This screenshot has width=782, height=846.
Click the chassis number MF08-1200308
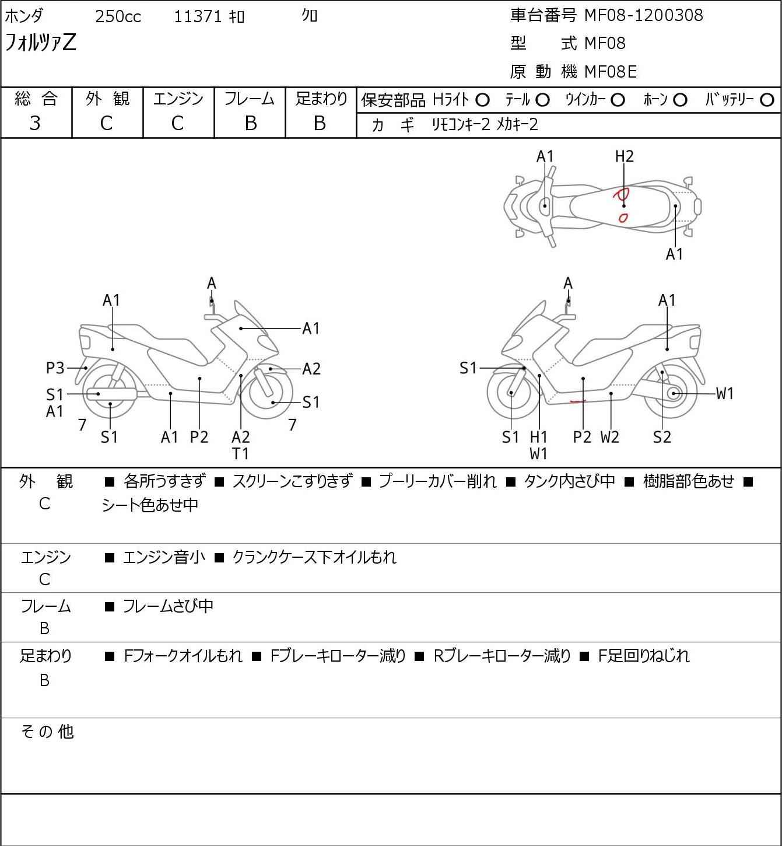643,15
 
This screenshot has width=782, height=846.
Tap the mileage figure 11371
198,17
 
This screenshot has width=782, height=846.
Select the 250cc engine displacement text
118,17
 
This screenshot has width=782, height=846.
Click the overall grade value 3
35,123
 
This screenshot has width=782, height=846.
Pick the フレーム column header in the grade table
249,99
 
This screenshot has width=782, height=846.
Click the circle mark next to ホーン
680,100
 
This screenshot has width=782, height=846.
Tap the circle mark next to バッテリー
767,100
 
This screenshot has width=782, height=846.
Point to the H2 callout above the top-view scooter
624,156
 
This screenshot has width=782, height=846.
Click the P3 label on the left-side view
55,368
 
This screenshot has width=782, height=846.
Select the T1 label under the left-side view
240,453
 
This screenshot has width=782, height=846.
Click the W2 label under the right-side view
610,437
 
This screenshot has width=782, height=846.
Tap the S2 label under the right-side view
662,437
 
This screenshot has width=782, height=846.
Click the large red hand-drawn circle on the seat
620,195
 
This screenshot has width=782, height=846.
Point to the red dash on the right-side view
577,401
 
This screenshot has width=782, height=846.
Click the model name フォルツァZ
40,43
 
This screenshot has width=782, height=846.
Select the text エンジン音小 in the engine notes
164,557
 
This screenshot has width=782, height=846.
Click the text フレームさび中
168,607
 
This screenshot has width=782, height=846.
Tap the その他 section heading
47,732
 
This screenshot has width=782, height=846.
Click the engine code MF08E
610,72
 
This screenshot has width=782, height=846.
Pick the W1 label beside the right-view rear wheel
724,394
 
